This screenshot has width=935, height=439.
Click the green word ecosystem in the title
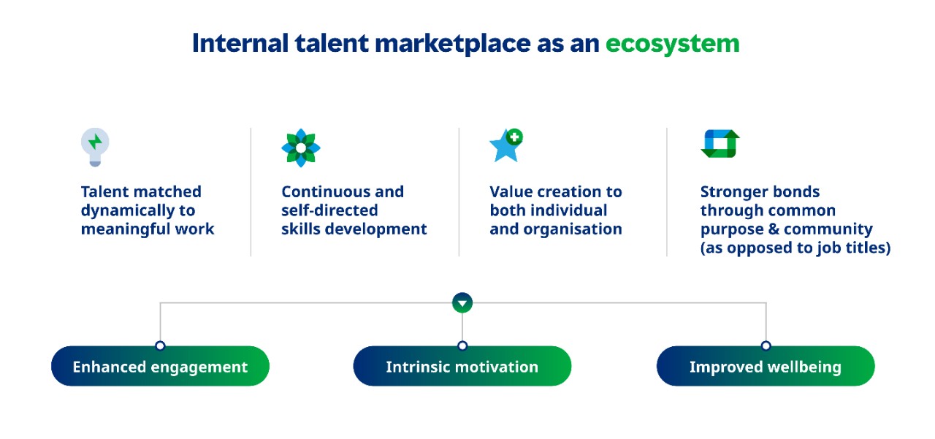coord(673,44)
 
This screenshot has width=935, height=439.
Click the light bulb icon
coord(95,147)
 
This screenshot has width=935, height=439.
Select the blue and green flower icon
coord(301,148)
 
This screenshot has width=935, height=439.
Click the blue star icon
coord(505,147)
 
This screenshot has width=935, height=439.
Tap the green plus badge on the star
coord(515,137)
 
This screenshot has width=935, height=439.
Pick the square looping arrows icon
coord(720,144)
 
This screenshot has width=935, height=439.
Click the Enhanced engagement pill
coord(160,366)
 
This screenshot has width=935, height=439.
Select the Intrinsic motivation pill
coord(462,366)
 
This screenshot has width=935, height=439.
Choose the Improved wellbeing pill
coord(766,366)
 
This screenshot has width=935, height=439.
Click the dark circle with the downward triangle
coord(462,303)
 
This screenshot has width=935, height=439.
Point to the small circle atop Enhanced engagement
coord(160,346)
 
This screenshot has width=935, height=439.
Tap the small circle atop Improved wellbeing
coord(766,346)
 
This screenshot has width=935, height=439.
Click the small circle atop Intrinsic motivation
coord(462,346)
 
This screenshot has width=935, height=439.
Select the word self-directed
coord(329,210)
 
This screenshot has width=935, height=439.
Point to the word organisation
coord(573,229)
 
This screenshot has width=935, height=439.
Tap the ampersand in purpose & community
coord(774,229)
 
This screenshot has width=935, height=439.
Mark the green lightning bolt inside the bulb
coord(95,142)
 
